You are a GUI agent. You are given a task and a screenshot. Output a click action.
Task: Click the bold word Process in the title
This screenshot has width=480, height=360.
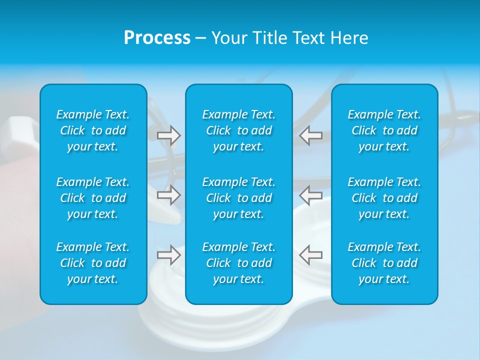(x=157, y=38)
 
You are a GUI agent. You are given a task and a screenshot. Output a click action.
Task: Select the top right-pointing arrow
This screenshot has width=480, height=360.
(x=169, y=135)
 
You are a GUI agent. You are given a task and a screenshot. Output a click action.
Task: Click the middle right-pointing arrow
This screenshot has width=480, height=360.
(x=169, y=195)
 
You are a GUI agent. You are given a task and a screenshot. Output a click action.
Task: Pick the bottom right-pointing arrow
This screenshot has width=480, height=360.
(x=169, y=254)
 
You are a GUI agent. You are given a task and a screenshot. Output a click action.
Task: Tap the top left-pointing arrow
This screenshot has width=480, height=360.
(x=310, y=135)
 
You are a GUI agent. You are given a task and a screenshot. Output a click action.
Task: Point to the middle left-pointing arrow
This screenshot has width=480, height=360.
(x=310, y=195)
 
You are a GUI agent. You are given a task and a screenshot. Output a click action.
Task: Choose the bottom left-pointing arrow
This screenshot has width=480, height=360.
(x=310, y=254)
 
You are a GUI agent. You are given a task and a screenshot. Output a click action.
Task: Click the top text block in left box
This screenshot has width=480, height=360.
(x=93, y=130)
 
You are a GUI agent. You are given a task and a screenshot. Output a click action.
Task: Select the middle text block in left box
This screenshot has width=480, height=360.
(x=93, y=198)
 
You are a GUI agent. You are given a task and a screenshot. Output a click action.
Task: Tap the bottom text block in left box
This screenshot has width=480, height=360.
(x=93, y=263)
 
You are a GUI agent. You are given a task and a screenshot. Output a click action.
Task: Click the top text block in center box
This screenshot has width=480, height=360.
(x=239, y=130)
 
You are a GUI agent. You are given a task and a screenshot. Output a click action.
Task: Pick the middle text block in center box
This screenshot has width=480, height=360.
(x=239, y=198)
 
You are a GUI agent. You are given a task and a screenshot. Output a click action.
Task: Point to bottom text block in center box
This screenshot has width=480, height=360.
(x=239, y=263)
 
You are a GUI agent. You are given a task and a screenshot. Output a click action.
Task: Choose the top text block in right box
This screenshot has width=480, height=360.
(x=384, y=130)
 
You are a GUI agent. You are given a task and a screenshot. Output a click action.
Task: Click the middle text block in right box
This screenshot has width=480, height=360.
(x=384, y=198)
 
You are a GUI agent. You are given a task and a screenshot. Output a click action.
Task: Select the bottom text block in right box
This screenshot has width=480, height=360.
(x=384, y=263)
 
